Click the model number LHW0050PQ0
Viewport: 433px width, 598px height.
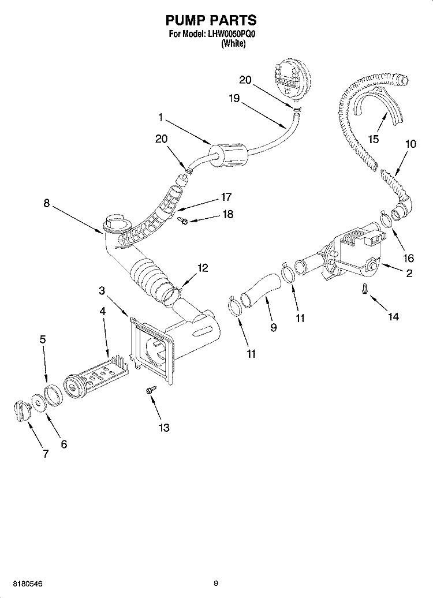[x=230, y=35]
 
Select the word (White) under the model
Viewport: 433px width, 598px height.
[x=234, y=44]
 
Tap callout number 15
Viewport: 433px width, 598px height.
[x=374, y=139]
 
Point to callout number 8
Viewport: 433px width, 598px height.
[x=46, y=203]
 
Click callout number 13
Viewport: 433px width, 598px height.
[x=164, y=427]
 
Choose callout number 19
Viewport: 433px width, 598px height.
[x=233, y=98]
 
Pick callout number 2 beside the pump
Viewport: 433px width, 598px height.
[x=409, y=274]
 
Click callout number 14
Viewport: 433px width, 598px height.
[x=394, y=316]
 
